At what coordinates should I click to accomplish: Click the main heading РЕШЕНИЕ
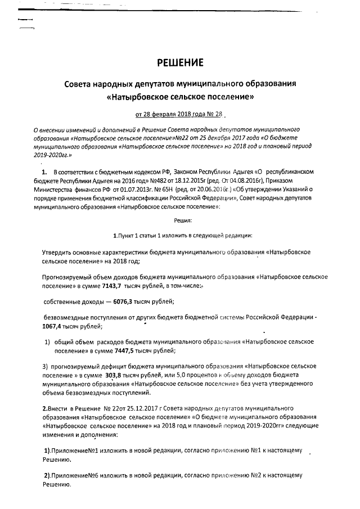point(179,61)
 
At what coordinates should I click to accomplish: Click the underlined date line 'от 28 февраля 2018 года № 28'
point(179,115)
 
